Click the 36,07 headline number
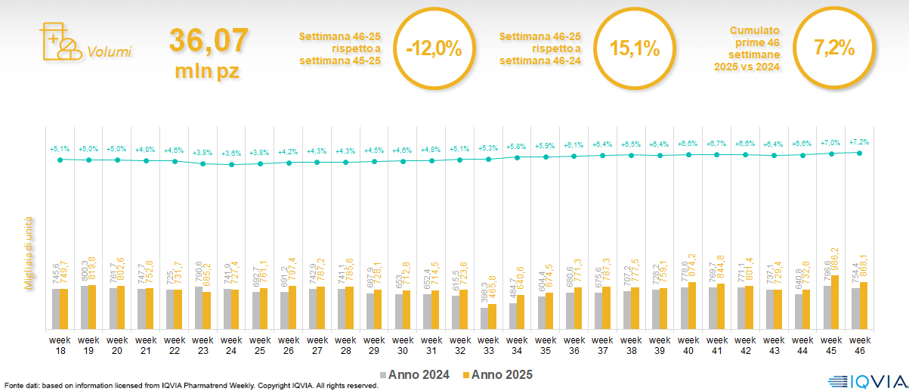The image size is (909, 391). point(208,40)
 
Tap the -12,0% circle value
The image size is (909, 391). point(433,49)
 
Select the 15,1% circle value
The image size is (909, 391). point(635,49)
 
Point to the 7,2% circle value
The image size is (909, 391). point(834,49)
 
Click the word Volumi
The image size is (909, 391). point(109,52)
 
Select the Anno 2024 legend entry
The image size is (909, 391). point(415,374)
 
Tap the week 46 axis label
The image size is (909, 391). point(858,346)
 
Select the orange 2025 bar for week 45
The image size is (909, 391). point(834,303)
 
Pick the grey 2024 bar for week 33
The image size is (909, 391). point(484,318)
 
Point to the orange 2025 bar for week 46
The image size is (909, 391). point(863,306)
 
